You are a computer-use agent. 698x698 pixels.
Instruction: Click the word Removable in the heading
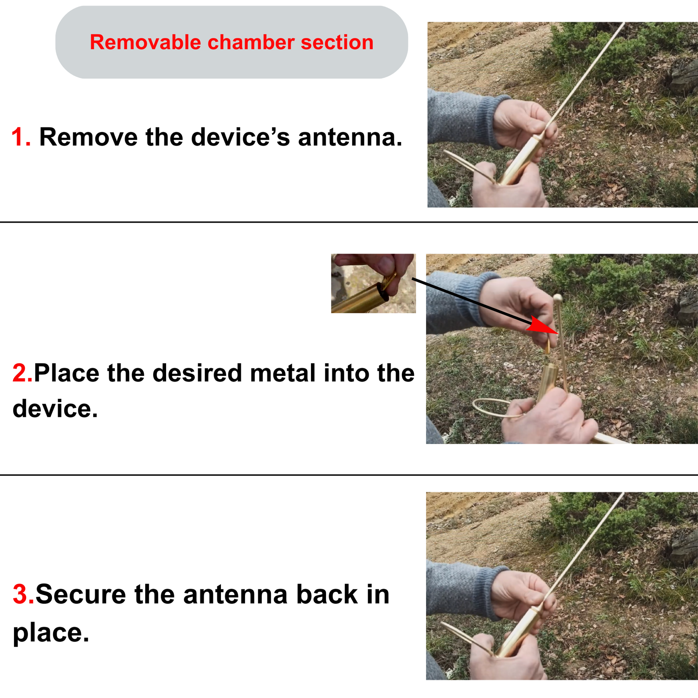click(145, 42)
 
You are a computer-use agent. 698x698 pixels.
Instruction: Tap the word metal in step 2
click(283, 373)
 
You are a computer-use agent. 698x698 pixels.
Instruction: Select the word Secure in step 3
click(81, 594)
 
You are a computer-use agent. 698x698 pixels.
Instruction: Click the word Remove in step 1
click(89, 137)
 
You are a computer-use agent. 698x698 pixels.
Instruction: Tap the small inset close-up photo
click(373, 283)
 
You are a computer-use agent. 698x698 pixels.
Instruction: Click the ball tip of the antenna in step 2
click(557, 298)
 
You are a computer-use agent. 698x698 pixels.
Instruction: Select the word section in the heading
click(337, 42)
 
